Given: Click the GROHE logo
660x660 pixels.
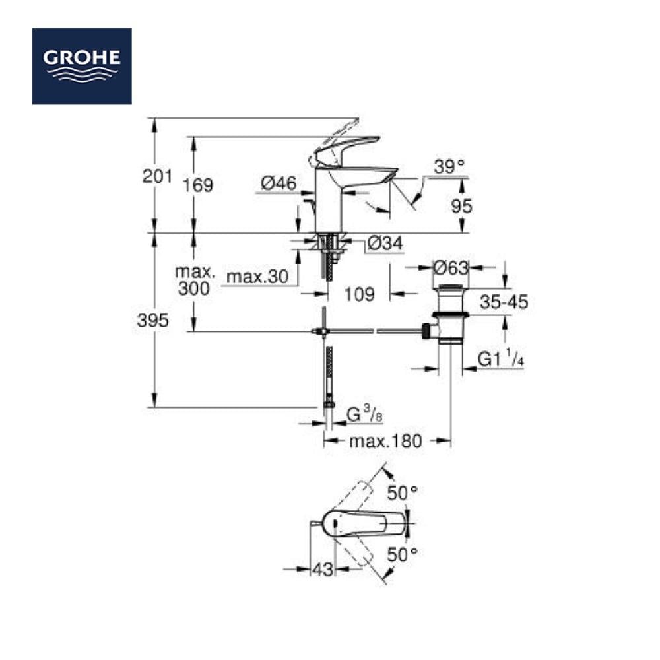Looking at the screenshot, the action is click(x=82, y=66).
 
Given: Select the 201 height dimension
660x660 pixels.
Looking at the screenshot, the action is click(x=157, y=176).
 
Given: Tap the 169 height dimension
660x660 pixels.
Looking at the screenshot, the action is click(x=198, y=185).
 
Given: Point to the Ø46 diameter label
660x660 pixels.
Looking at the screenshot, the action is click(x=279, y=183).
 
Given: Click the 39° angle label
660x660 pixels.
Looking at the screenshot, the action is click(x=449, y=167).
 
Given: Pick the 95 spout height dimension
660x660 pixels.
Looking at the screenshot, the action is click(x=462, y=206).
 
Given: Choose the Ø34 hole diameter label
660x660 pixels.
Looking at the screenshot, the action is click(x=385, y=243).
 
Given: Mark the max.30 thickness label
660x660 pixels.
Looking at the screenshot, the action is click(x=257, y=277).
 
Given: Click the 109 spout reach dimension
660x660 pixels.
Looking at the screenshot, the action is click(x=360, y=294).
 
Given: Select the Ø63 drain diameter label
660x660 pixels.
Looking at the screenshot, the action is click(x=451, y=268).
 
